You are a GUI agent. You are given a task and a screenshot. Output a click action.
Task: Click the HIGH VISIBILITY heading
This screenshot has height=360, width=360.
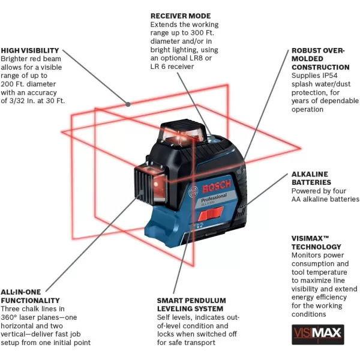coord(30,50)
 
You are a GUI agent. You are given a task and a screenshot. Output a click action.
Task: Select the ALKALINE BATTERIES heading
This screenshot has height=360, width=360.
coord(311,178)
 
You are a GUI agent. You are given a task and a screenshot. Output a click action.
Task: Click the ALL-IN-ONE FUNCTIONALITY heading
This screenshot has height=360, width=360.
coord(31,296)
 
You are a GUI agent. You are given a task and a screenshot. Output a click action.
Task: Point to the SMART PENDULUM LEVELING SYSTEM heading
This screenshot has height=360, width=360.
coord(191,304)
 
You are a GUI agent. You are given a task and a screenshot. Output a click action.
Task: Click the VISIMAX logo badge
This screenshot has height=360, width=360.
coord(317,332)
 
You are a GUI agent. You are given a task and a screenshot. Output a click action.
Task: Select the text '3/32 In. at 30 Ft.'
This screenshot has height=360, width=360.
coord(32,101)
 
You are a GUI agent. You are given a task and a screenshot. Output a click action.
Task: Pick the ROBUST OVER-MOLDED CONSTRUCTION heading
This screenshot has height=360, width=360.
coord(320,59)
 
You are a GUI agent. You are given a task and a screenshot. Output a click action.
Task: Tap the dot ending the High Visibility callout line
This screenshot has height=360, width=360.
coord(128,104)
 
